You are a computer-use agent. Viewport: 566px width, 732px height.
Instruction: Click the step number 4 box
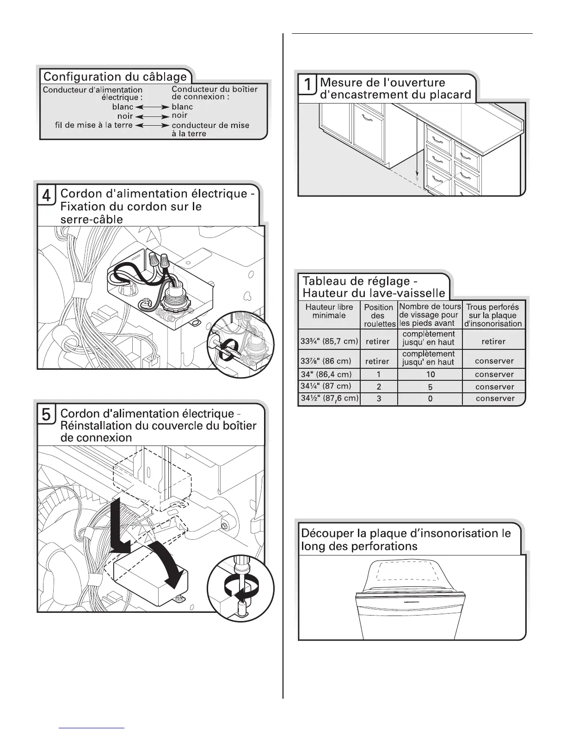click(x=46, y=195)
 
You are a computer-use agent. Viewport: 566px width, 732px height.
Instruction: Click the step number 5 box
click(x=46, y=415)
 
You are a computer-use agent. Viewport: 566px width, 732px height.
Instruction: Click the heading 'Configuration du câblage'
click(x=115, y=76)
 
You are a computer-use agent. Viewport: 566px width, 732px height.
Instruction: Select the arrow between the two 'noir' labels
click(x=152, y=116)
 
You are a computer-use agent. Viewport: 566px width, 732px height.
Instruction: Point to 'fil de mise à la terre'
click(x=94, y=125)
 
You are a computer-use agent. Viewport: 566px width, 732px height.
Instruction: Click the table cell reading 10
click(x=430, y=374)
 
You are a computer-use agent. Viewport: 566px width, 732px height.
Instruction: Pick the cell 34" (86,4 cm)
click(x=326, y=374)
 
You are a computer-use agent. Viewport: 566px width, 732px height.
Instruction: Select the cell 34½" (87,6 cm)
click(x=329, y=398)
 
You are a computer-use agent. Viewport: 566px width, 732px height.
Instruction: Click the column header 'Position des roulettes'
click(x=378, y=315)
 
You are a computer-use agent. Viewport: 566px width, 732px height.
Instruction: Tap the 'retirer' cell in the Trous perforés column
click(x=493, y=342)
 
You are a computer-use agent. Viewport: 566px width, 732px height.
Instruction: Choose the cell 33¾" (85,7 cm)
click(x=329, y=342)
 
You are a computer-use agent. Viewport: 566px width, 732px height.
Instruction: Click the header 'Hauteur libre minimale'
click(x=329, y=311)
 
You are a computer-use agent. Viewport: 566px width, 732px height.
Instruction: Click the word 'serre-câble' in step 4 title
click(x=92, y=219)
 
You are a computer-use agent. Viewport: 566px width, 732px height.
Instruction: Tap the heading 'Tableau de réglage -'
click(x=356, y=281)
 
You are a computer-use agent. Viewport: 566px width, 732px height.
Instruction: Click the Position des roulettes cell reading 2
click(x=379, y=386)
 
